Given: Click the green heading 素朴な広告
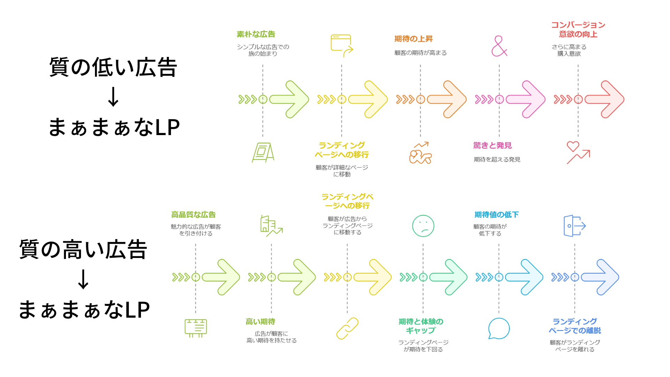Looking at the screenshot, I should pyautogui.click(x=256, y=34).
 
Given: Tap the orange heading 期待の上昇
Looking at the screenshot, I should pyautogui.click(x=414, y=39).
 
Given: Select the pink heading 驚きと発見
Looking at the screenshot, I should pyautogui.click(x=492, y=145).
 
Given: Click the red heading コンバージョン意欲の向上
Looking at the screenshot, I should pyautogui.click(x=578, y=30).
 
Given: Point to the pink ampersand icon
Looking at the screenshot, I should pyautogui.click(x=499, y=46).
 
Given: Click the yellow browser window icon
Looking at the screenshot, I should pyautogui.click(x=342, y=45).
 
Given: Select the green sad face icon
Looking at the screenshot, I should pyautogui.click(x=423, y=226).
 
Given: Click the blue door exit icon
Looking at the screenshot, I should pyautogui.click(x=574, y=226).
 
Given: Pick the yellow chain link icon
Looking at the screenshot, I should pyautogui.click(x=347, y=328).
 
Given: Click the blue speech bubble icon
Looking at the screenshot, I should pyautogui.click(x=499, y=328).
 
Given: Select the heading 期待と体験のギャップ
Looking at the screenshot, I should pyautogui.click(x=421, y=326).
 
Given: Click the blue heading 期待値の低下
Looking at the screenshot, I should pyautogui.click(x=496, y=215).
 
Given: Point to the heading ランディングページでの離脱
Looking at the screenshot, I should pyautogui.click(x=575, y=326).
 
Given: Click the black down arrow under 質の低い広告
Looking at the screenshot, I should pyautogui.click(x=113, y=97).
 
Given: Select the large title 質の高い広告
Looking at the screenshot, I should pyautogui.click(x=83, y=249).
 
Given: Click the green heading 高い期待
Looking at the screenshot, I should pyautogui.click(x=260, y=321).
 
